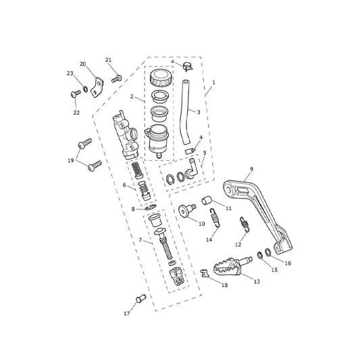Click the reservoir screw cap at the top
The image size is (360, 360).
coord(161,78)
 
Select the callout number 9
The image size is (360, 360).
coord(252,170)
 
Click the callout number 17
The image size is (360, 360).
coord(127,313)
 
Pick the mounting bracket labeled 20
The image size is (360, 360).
coord(97,87)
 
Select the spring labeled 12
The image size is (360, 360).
coord(245,224)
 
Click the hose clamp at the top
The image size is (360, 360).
coord(188,67)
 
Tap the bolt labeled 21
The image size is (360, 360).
coord(117,78)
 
